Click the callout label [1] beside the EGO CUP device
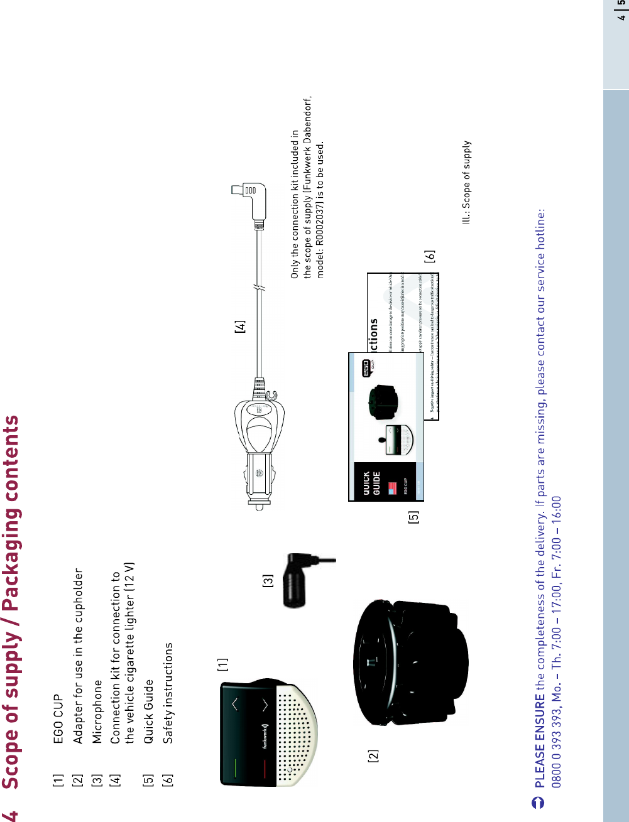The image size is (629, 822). coord(223,664)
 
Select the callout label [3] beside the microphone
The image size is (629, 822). coord(268,581)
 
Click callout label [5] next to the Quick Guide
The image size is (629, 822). coord(413,517)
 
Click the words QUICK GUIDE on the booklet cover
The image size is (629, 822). coord(371,483)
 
